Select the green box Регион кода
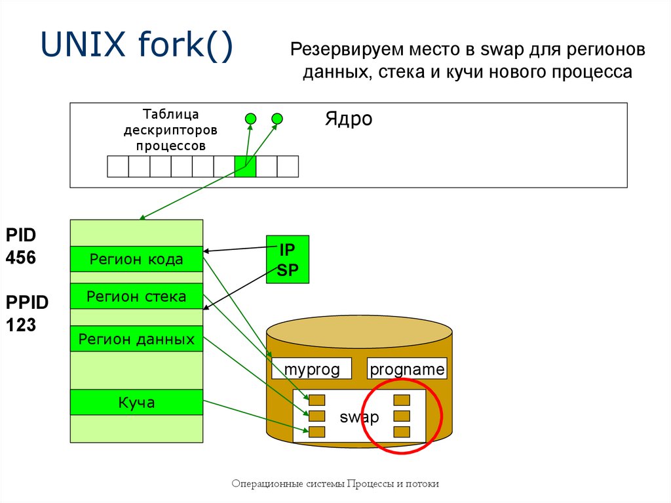click(136, 259)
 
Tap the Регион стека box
click(136, 297)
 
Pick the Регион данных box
click(136, 339)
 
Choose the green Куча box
click(136, 402)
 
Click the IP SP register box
click(288, 260)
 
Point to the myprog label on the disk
click(312, 369)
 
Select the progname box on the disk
click(407, 369)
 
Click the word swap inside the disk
click(359, 417)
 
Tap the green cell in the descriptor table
click(245, 167)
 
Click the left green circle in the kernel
click(250, 119)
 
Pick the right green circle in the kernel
click(277, 119)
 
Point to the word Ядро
click(348, 119)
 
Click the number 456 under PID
click(21, 258)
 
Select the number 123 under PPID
click(21, 324)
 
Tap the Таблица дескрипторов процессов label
click(170, 130)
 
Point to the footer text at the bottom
click(335, 484)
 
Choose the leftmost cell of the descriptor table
click(118, 167)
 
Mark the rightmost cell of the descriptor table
click(288, 167)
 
